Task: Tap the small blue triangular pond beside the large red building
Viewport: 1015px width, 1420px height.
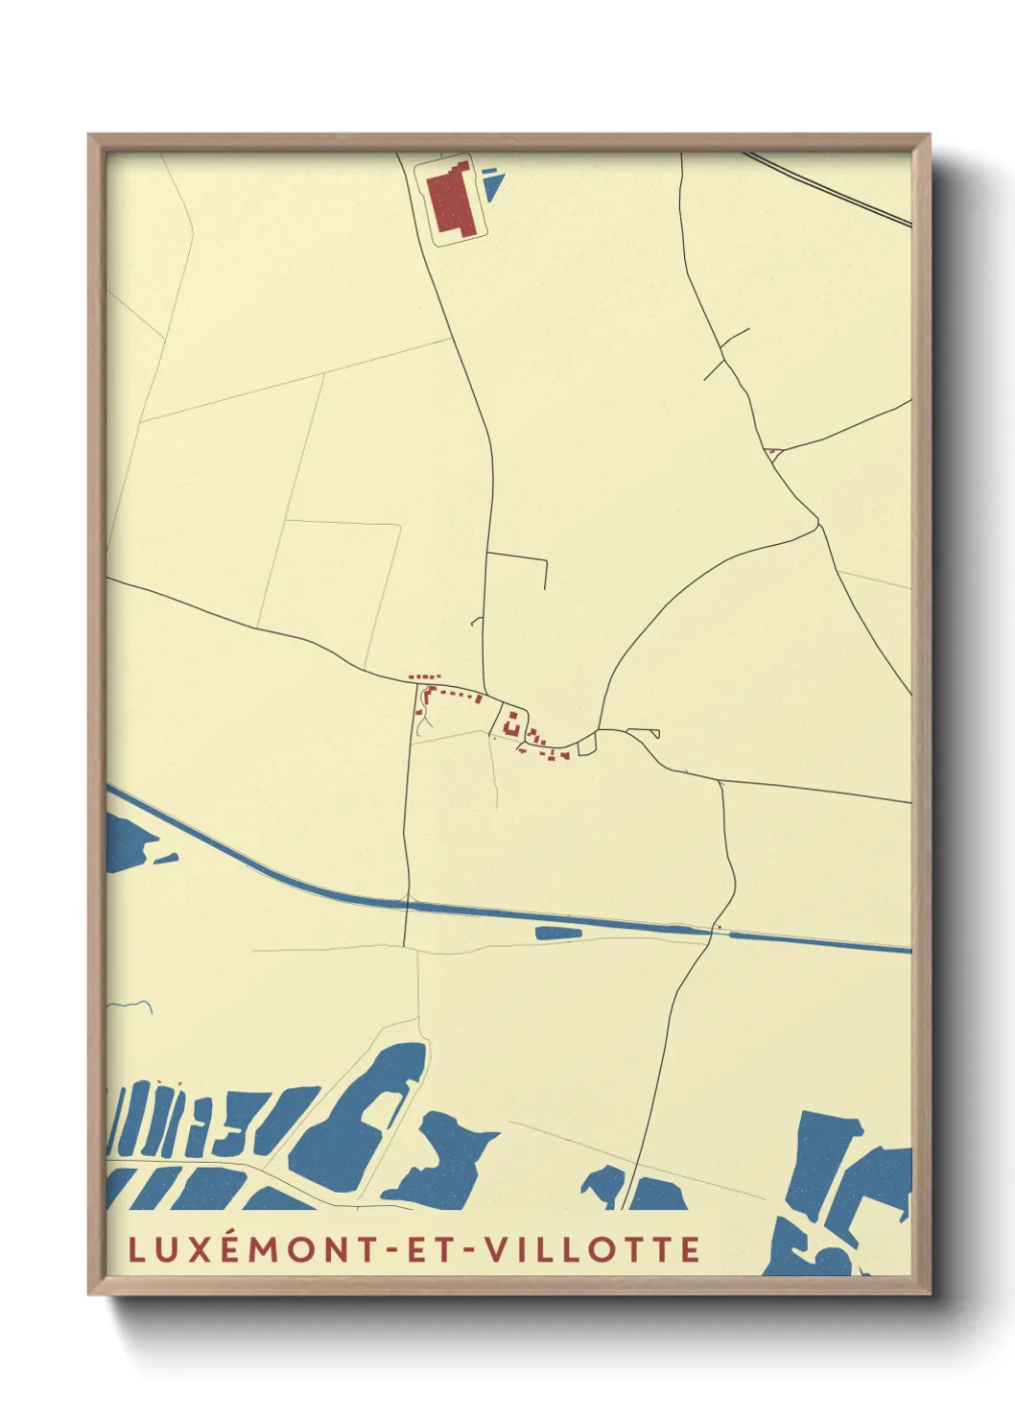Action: [x=491, y=184]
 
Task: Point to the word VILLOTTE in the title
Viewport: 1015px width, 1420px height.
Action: [x=591, y=1249]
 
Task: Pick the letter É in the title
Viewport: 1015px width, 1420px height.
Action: [x=235, y=1248]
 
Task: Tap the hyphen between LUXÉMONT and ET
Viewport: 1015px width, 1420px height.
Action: [x=392, y=1249]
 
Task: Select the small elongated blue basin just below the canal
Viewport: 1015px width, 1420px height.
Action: [x=557, y=932]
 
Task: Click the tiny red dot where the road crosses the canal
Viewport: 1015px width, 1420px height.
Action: [x=719, y=928]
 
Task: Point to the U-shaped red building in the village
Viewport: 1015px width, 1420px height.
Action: [x=512, y=722]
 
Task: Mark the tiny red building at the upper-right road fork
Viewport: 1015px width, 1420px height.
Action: [x=771, y=450]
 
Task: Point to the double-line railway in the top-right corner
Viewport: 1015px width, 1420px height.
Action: [x=830, y=189]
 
